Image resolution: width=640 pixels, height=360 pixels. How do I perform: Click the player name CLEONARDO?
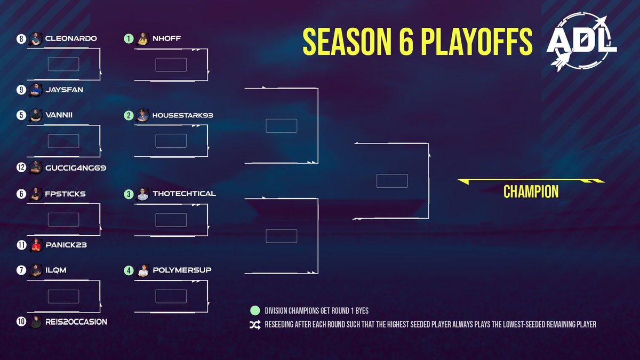click(71, 39)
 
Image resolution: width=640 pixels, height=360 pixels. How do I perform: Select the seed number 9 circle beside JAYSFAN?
click(21, 90)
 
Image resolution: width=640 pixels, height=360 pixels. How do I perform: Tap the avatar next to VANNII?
click(35, 116)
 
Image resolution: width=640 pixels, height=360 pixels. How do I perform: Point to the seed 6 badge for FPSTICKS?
click(21, 194)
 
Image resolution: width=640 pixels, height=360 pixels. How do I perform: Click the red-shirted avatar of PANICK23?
click(35, 245)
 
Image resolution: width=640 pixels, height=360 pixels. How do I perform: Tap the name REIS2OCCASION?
click(76, 322)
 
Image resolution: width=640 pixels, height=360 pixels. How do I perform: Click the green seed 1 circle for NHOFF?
click(129, 38)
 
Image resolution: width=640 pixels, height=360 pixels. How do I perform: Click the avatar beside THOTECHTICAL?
click(142, 194)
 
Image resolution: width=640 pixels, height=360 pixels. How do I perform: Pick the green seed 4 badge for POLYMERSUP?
click(129, 270)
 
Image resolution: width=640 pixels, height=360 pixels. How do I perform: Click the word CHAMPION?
click(531, 191)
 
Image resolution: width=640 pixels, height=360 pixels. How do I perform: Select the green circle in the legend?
click(254, 310)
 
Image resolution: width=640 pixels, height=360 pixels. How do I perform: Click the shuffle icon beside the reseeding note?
click(254, 324)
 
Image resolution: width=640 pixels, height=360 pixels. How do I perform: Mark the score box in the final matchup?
click(391, 181)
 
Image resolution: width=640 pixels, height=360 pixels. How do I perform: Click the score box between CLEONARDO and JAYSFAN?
click(63, 65)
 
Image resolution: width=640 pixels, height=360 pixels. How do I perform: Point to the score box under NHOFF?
click(171, 65)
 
